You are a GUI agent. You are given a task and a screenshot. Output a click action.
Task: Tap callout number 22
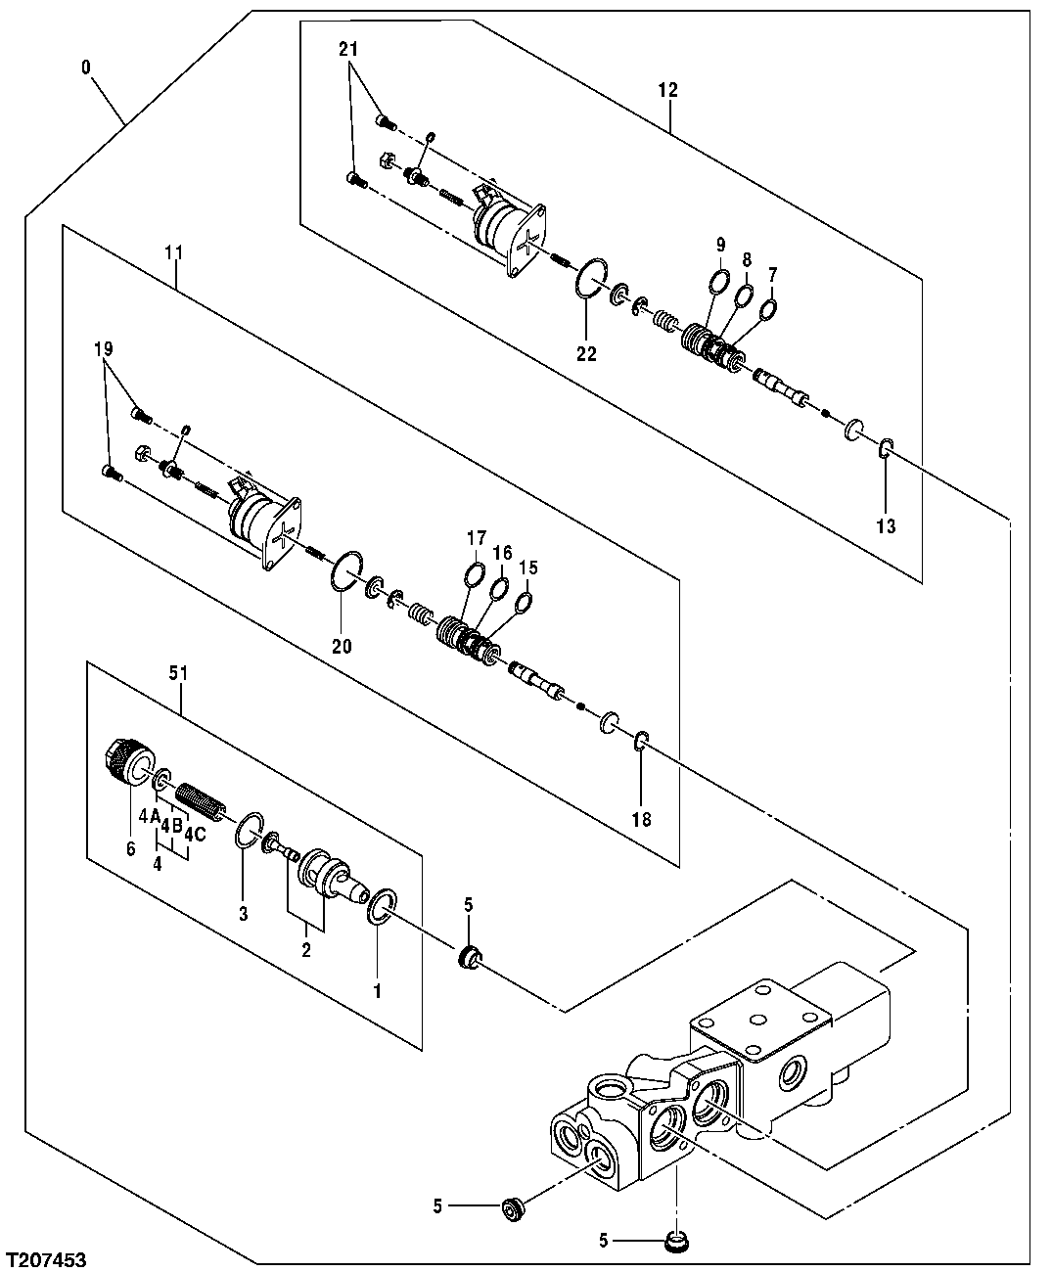(585, 355)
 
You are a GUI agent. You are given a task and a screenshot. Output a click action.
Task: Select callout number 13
(885, 527)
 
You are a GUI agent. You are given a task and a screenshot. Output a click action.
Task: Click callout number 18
(641, 820)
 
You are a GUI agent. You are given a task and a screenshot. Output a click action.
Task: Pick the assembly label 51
(179, 673)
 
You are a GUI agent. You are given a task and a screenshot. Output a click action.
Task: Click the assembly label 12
(667, 90)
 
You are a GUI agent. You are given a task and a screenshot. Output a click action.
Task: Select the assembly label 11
(174, 252)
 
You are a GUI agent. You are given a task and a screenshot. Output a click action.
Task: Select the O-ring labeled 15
(524, 601)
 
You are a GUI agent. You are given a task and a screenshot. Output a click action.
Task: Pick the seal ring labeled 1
(382, 906)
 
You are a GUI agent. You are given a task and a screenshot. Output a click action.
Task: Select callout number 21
(349, 49)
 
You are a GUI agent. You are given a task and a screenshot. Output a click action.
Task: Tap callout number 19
(105, 347)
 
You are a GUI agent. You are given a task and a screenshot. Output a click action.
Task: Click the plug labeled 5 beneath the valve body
(673, 1242)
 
